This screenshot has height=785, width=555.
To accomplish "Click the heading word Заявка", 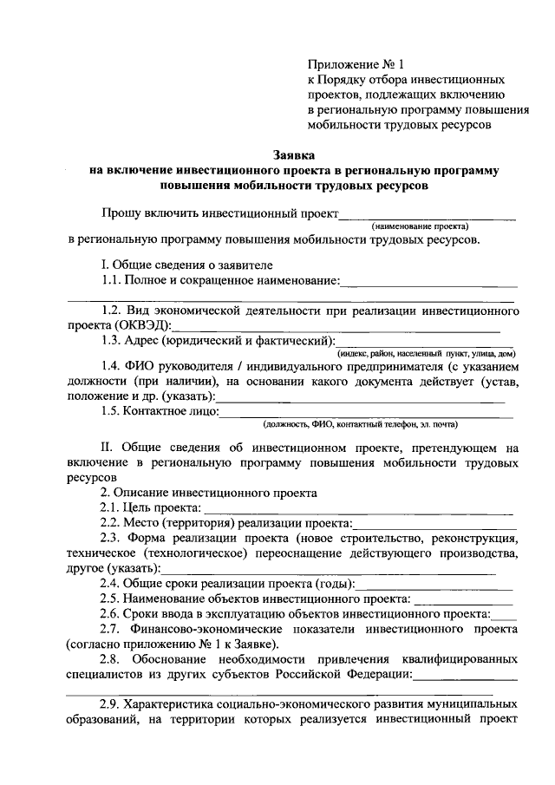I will [x=296, y=156].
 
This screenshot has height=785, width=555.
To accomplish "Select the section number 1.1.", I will [x=111, y=280].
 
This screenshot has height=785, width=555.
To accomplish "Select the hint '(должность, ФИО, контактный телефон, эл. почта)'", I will [x=360, y=425].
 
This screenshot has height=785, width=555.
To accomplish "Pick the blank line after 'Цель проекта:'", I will [x=358, y=509].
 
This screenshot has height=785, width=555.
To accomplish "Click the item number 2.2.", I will [x=110, y=523].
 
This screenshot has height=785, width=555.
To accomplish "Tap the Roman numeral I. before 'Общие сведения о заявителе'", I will [x=103, y=265].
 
